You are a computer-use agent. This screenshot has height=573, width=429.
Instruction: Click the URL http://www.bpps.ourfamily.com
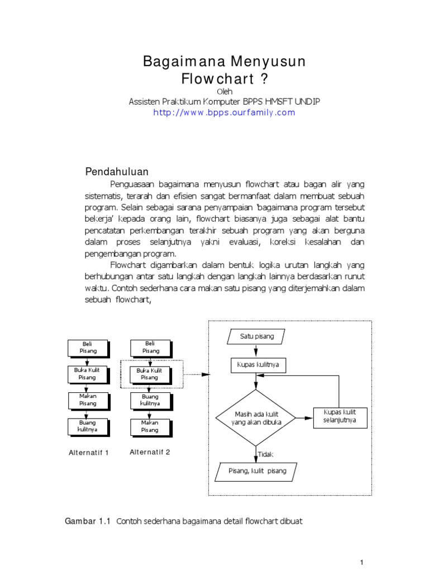point(224,112)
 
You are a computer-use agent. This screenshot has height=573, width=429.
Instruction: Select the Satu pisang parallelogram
point(256,337)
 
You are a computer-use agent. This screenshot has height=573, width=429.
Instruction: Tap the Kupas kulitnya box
point(256,365)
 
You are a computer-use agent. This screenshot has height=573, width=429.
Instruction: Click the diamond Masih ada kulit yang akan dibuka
point(256,417)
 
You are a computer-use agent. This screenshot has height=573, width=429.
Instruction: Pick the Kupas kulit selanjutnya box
point(340,417)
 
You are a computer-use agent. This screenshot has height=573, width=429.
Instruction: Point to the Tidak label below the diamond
point(266,454)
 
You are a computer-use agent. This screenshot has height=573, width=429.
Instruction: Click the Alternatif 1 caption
point(88,453)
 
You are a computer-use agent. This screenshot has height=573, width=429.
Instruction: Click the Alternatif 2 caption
point(150,452)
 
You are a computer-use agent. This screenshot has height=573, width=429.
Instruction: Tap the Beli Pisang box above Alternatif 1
point(87,347)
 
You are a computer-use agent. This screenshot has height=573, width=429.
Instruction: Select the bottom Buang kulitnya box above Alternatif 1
point(87,427)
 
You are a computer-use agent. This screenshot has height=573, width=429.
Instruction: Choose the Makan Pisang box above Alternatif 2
point(150,427)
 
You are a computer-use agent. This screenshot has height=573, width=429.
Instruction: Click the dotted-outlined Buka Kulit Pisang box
point(150,374)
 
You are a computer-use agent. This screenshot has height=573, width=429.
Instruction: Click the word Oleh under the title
point(223,91)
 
